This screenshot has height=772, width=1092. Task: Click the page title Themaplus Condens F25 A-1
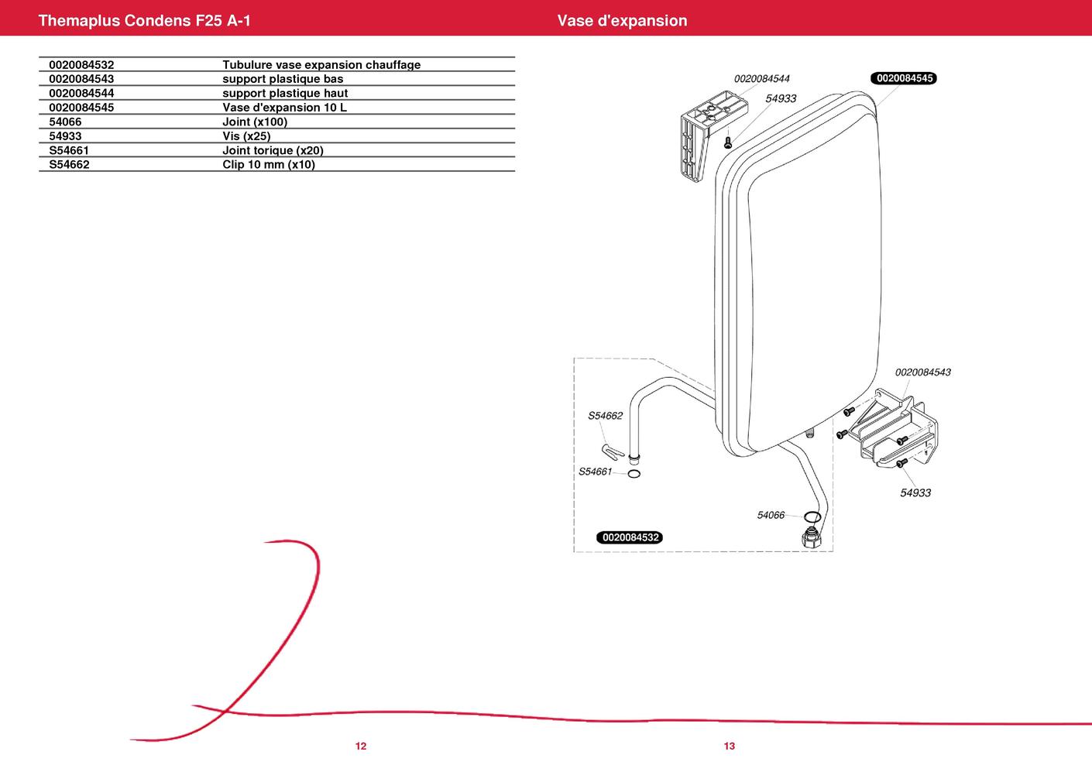click(144, 20)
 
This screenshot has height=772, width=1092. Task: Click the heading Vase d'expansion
click(622, 20)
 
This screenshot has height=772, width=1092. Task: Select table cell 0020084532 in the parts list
click(81, 65)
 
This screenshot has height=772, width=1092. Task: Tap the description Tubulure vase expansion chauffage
click(321, 65)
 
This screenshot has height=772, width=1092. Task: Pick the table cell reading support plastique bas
click(283, 79)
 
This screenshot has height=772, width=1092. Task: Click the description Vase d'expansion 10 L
click(285, 107)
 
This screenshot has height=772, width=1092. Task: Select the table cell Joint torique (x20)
click(273, 150)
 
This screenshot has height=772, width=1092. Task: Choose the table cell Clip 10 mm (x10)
click(269, 164)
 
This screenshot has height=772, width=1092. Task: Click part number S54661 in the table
click(69, 150)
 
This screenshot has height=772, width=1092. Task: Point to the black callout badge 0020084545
click(904, 78)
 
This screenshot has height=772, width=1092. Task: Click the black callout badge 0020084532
click(630, 537)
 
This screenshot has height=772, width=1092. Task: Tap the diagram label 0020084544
click(761, 79)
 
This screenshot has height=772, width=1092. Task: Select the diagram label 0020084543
click(923, 372)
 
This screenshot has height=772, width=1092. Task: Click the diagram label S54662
click(605, 416)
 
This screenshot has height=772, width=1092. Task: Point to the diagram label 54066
click(771, 515)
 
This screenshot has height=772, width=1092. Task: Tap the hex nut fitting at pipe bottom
click(811, 537)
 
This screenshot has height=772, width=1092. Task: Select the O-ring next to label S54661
click(634, 474)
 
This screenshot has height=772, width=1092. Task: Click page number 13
click(730, 746)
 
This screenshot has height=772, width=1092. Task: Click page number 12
click(361, 746)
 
